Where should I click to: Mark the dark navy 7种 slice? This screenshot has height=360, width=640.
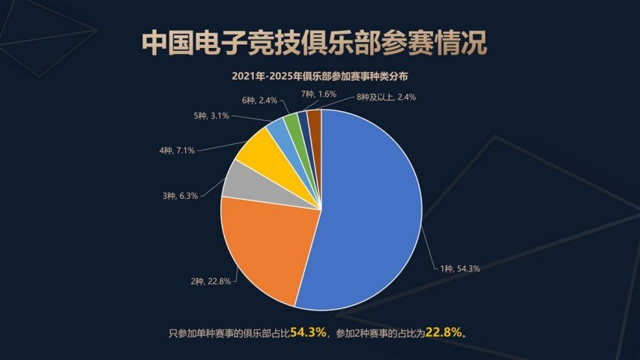click(304, 120)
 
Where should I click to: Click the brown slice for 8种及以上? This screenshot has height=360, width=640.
click(314, 118)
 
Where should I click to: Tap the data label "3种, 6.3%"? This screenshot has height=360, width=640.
click(180, 196)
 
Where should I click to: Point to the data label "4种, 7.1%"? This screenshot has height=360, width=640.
click(178, 150)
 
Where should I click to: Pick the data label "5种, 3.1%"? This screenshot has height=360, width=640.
click(211, 115)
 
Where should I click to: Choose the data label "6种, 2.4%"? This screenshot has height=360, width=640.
click(260, 99)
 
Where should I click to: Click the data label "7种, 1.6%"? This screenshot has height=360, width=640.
click(319, 94)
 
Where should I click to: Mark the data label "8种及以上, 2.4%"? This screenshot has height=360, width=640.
click(386, 97)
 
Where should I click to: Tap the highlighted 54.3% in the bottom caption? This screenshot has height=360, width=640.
click(309, 332)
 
